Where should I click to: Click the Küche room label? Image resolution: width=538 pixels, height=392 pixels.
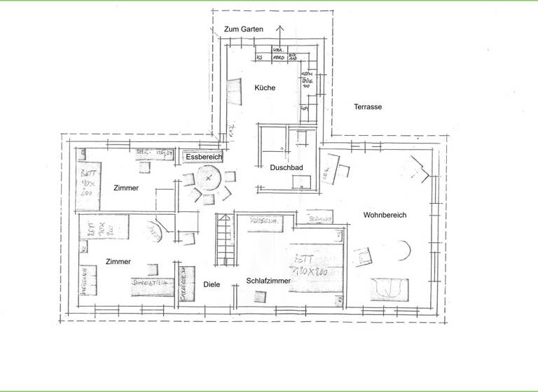(x=265, y=88)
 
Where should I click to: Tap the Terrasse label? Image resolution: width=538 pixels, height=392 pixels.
(x=367, y=107)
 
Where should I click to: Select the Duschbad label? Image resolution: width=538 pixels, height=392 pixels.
(x=286, y=168)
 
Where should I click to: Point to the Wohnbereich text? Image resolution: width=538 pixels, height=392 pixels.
(x=385, y=215)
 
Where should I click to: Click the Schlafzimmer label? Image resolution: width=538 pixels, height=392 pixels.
(x=268, y=281)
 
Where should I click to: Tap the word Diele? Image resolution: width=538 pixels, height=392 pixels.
(x=212, y=285)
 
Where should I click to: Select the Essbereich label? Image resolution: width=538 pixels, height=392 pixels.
(x=204, y=157)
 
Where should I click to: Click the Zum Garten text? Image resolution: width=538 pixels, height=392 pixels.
(x=243, y=29)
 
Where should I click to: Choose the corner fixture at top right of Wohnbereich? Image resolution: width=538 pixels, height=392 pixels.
(x=420, y=168)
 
